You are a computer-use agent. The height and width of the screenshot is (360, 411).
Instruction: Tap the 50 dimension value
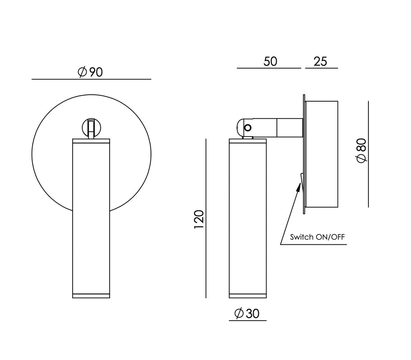271,61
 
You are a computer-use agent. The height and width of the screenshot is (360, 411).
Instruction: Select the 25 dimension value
321,61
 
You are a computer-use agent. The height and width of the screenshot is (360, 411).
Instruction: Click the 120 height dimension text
199,219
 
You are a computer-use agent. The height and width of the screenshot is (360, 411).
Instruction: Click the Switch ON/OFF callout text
317,237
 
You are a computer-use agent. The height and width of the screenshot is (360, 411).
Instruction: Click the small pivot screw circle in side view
248,128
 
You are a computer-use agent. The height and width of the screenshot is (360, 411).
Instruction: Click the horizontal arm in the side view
277,127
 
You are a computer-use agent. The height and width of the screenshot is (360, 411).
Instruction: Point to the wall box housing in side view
321,155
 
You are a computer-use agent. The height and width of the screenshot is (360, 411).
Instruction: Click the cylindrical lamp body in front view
91,219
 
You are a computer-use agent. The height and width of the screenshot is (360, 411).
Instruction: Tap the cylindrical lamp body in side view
247,219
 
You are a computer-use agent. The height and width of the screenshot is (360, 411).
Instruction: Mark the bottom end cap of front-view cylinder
91,296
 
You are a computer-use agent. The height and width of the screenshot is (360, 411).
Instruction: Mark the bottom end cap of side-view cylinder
247,296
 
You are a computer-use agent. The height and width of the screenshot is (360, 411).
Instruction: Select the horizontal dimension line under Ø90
91,79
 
